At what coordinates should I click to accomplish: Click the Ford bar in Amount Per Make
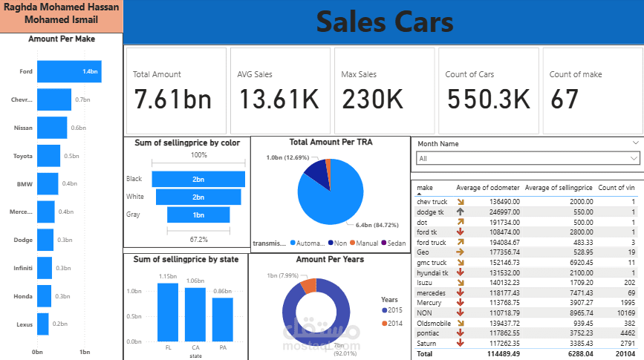[68, 72]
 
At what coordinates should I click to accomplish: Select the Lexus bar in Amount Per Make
[42, 324]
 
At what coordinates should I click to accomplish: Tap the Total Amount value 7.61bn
[172, 99]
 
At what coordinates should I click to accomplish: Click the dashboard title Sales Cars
[384, 22]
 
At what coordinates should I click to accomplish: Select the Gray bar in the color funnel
[198, 215]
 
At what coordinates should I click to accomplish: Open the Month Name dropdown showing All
[527, 158]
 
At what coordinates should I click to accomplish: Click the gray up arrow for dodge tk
[460, 211]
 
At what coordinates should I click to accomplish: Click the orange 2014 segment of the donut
[308, 286]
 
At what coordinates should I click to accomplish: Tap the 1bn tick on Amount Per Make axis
[85, 351]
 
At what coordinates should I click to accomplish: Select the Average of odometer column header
[487, 188]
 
